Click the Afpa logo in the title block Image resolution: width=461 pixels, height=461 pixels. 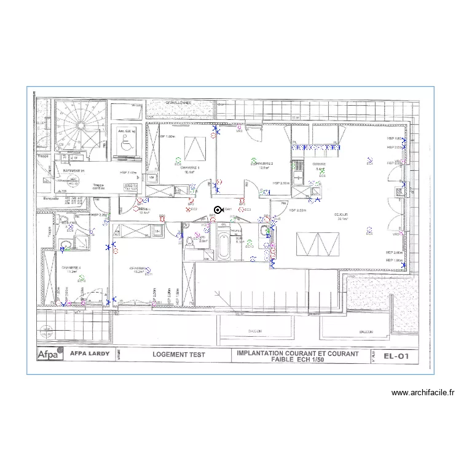coord(50,355)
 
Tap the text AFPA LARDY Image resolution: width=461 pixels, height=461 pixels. coord(87,355)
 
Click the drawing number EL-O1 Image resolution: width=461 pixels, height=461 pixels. coord(396,355)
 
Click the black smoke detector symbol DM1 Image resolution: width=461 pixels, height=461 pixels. coord(217,210)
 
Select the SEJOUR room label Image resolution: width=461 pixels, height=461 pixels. coord(342,215)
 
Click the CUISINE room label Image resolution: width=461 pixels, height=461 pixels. coord(319,164)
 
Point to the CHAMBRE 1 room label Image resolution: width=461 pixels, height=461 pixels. coord(190,167)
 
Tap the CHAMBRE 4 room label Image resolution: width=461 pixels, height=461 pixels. coord(71,267)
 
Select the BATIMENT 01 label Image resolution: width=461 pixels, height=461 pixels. coord(73,170)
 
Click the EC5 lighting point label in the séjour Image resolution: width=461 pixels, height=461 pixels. coord(369,234)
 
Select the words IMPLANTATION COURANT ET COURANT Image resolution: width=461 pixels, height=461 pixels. coord(297,353)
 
